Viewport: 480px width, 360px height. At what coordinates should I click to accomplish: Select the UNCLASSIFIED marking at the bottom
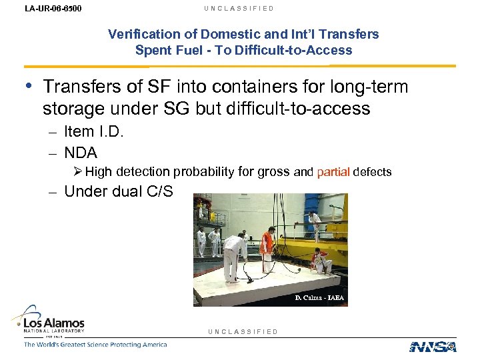243,331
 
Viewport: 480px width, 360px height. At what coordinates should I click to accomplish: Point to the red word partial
333,172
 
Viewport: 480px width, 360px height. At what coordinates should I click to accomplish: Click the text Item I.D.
93,132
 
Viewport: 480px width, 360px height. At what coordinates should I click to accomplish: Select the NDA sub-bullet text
81,152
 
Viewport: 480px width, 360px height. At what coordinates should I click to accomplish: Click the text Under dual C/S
118,192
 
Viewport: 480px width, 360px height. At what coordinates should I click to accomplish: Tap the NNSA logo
433,346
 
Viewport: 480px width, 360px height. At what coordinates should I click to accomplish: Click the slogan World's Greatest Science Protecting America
95,345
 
